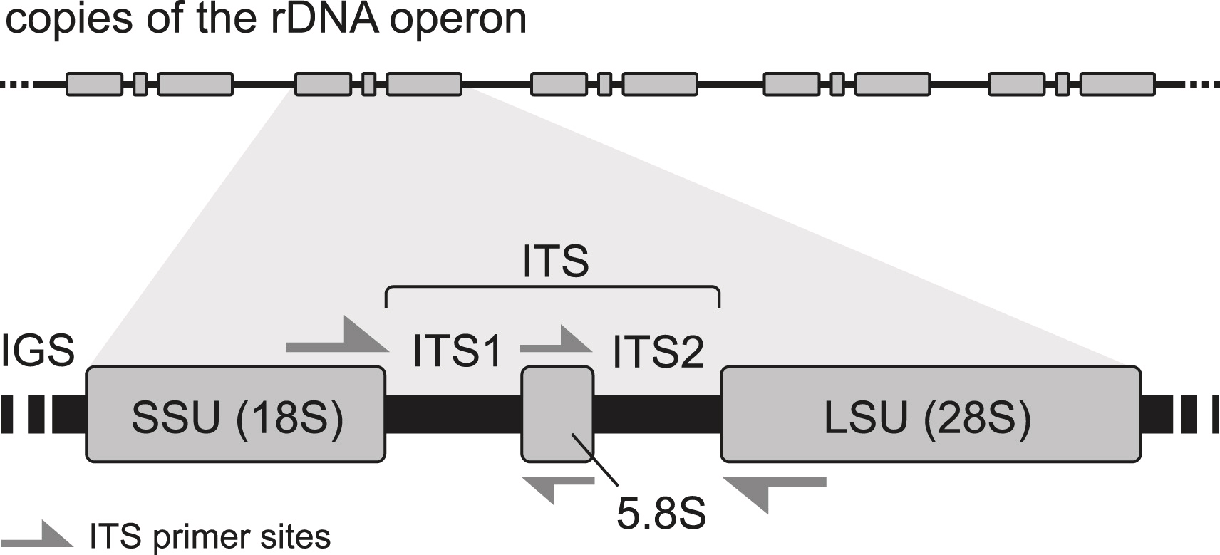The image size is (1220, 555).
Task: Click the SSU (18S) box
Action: click(235, 413)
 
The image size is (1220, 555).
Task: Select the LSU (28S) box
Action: click(930, 413)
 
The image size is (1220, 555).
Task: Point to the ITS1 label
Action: click(457, 351)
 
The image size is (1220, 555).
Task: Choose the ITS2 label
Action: click(658, 351)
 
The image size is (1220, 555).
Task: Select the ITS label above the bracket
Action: click(555, 261)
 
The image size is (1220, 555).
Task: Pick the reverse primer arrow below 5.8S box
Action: click(559, 486)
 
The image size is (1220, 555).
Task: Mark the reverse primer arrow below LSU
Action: click(774, 489)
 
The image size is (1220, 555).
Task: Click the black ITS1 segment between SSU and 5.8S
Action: click(453, 413)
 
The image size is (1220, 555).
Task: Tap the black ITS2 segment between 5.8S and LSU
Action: click(656, 413)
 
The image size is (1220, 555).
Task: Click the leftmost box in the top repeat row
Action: click(94, 84)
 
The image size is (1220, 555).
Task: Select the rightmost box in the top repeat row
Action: click(1117, 84)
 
